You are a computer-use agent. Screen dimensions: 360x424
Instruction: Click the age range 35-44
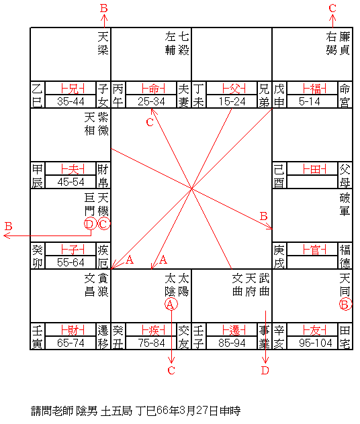71,102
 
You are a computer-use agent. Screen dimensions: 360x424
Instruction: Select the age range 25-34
151,102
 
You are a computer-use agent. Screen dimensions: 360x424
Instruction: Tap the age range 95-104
316,343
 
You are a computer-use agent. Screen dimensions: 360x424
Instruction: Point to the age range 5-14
310,102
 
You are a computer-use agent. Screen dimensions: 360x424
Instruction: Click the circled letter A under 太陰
171,304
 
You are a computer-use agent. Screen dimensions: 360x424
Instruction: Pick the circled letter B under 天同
345,304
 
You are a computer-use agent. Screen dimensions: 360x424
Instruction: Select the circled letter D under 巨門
90,223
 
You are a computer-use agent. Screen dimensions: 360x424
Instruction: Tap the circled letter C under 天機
103,223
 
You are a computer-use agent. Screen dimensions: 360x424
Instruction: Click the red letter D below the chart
265,370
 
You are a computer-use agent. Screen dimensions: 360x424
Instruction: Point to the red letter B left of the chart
8,226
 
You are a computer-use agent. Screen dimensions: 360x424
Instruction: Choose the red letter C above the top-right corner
332,8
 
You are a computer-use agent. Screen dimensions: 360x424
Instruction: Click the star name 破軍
345,205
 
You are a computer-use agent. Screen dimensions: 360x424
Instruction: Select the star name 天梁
103,43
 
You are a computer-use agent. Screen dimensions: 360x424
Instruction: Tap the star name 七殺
183,43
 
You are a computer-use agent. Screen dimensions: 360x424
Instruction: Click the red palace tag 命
154,89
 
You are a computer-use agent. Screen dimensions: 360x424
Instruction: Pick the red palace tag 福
315,89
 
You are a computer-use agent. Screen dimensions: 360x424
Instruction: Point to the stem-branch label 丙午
118,95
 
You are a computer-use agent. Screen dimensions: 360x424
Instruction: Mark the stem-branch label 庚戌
279,256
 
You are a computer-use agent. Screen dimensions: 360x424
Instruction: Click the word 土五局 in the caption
116,411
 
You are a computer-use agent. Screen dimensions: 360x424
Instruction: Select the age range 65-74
71,343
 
